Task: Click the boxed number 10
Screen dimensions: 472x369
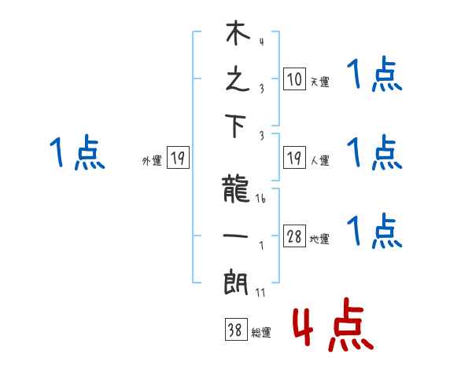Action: (294, 79)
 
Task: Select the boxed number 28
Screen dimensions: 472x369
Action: (294, 237)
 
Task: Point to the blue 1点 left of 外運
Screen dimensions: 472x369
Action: (76, 152)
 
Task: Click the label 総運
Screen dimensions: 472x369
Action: (261, 333)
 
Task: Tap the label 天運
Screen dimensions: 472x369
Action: (319, 82)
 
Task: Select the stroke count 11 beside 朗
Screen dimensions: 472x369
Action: (260, 292)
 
